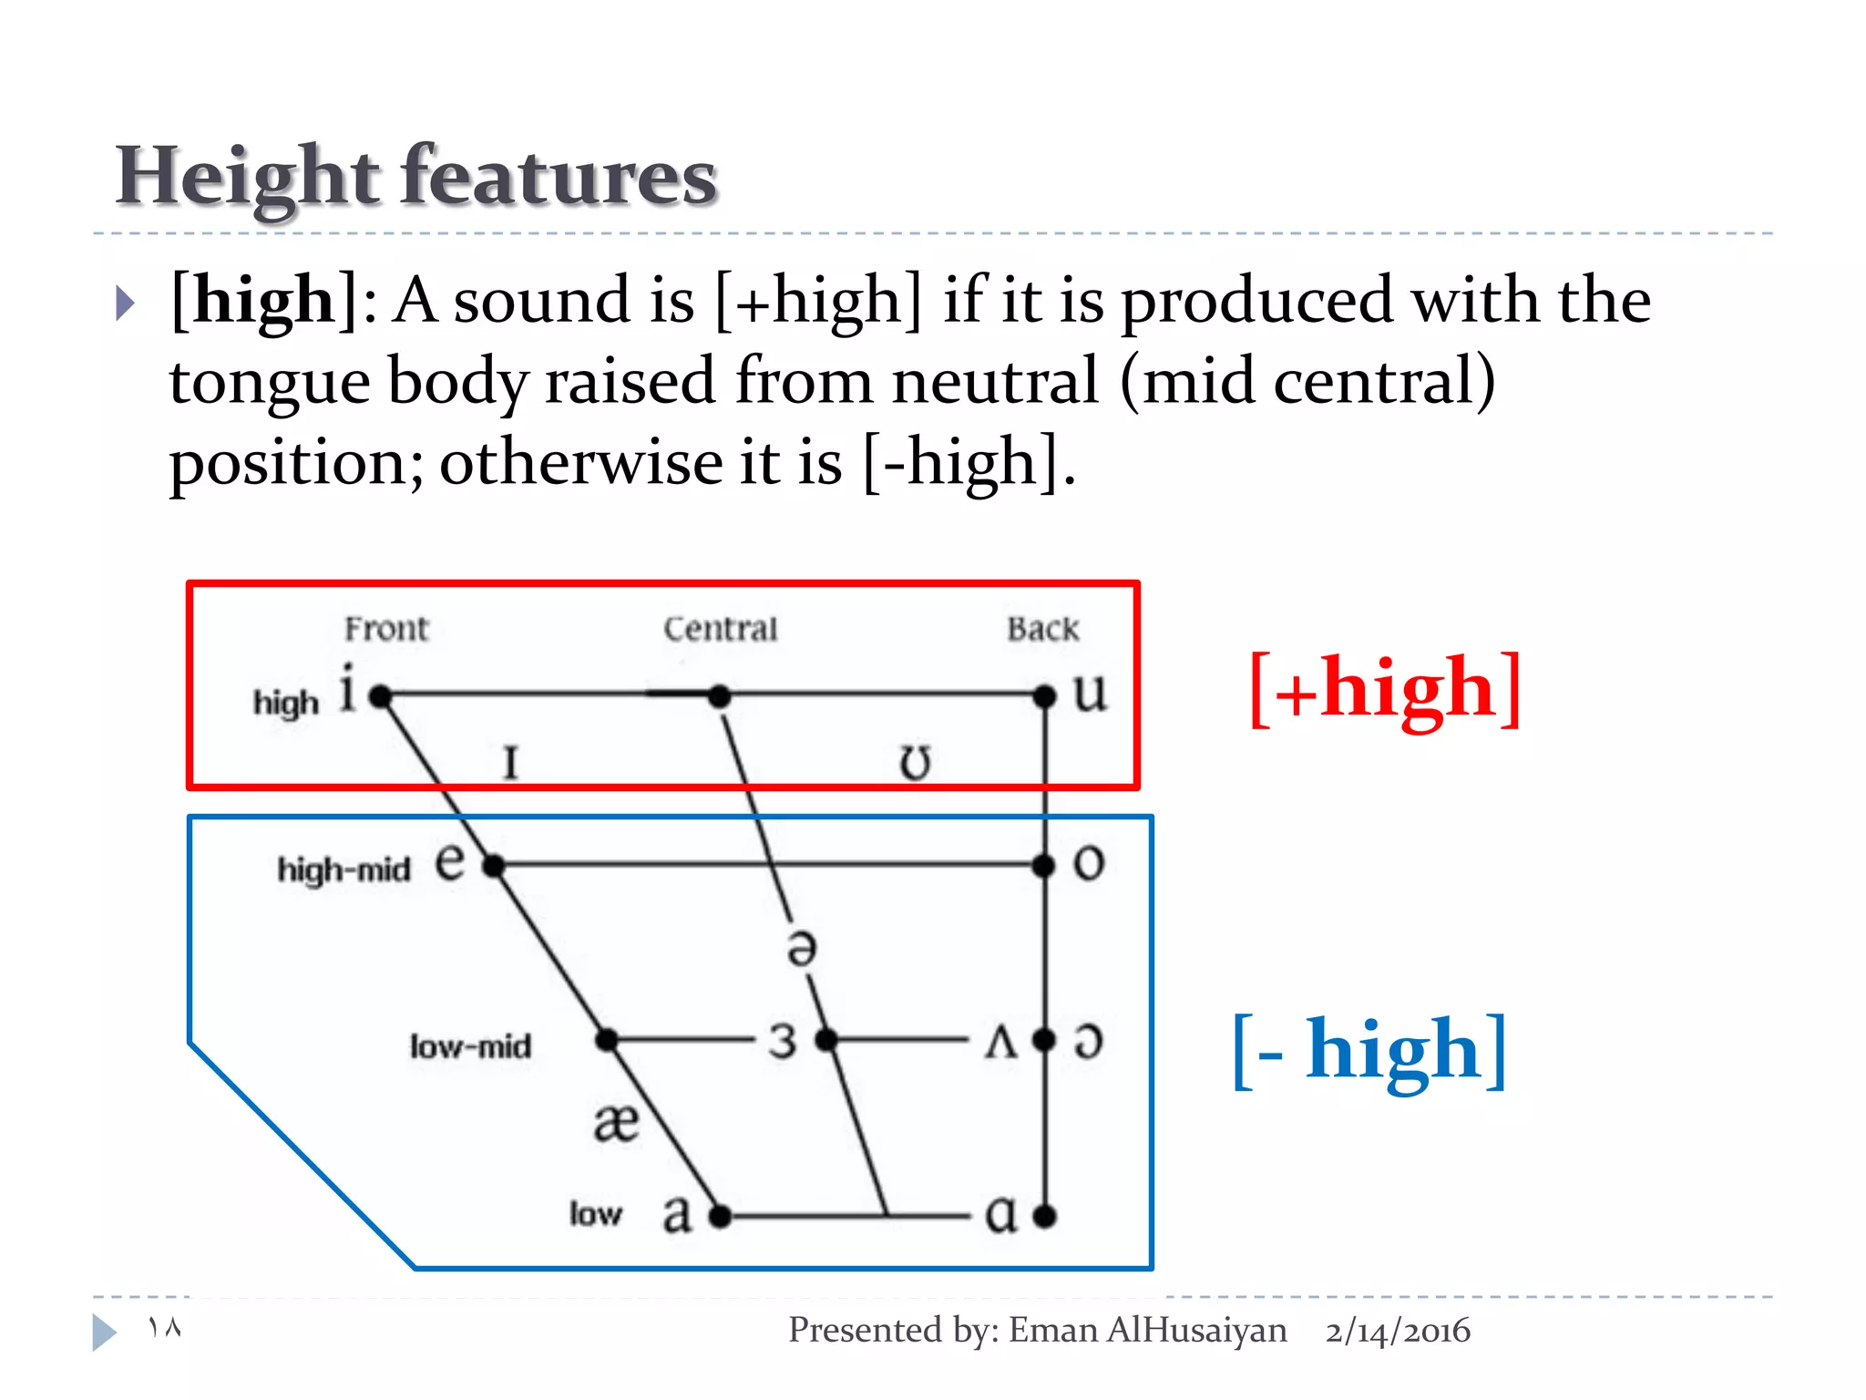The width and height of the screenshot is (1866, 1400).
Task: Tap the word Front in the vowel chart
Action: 386,629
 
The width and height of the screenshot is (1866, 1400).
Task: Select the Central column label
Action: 720,629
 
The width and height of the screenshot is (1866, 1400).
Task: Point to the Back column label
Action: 1042,629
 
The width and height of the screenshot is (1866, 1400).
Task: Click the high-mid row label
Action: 343,870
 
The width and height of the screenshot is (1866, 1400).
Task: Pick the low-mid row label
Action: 470,1046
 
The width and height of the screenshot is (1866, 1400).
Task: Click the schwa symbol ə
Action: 802,948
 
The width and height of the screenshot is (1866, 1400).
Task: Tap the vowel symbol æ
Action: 616,1122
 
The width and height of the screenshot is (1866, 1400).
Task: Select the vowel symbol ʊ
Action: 916,762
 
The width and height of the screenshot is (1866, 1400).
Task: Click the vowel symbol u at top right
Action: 1090,693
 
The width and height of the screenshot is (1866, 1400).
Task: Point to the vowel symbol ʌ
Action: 1000,1041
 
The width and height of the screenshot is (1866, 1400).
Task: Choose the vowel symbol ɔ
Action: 1089,1041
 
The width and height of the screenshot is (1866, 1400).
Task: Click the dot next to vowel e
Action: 493,866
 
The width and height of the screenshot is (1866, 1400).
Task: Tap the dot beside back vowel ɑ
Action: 1045,1215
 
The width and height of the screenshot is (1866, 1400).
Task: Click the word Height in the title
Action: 247,176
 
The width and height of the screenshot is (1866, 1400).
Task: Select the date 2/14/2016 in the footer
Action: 1398,1331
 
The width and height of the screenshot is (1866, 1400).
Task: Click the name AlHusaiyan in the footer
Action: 1196,1331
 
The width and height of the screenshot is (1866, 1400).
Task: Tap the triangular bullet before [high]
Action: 126,303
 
